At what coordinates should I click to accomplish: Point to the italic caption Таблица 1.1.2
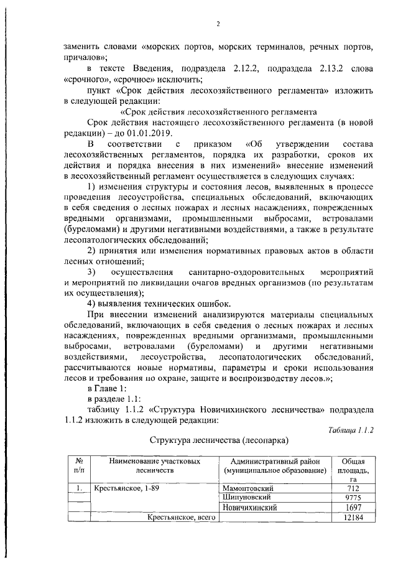(x=350, y=430)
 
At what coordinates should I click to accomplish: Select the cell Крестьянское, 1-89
(x=127, y=489)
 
